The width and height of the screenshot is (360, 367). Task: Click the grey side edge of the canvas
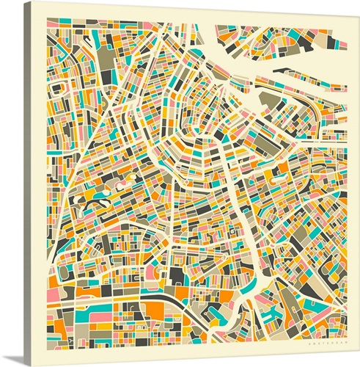[28, 183]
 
